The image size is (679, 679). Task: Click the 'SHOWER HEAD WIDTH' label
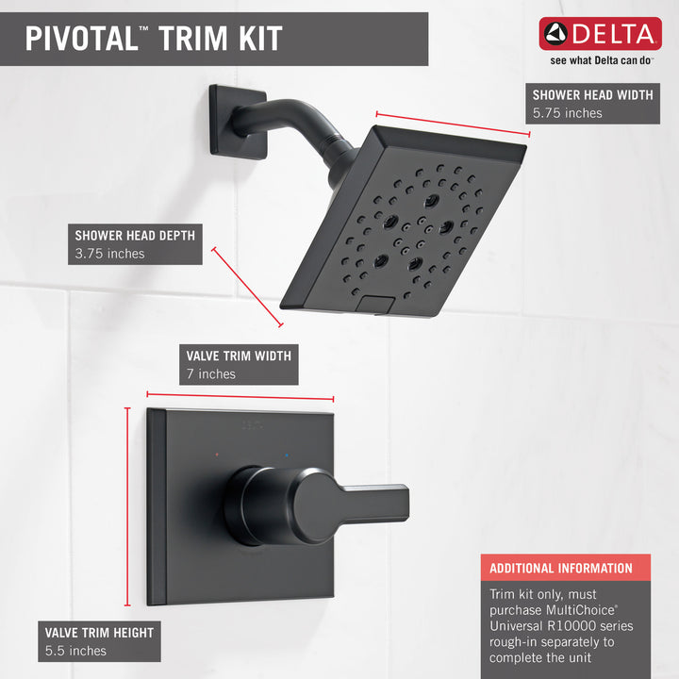click(592, 94)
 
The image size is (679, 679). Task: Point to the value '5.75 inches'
click(567, 113)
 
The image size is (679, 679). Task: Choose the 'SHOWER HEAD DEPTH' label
click(135, 235)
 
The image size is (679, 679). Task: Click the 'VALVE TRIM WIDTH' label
click(238, 356)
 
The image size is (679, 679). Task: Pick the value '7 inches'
click(211, 374)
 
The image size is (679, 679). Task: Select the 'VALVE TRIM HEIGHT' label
click(98, 632)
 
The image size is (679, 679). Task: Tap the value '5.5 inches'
click(75, 651)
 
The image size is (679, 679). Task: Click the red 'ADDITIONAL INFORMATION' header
click(560, 568)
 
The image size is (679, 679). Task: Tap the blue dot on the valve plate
click(287, 455)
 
